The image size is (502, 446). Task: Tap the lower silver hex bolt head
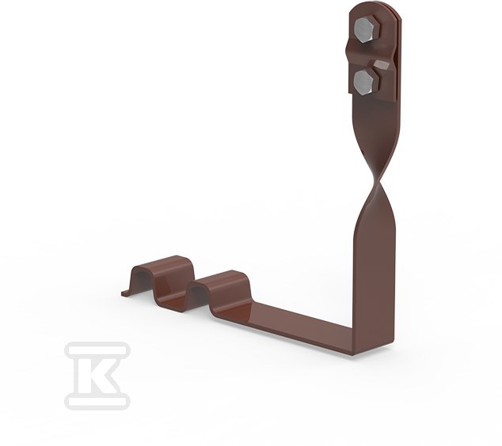(x=367, y=81)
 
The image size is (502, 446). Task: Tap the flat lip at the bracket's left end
(x=126, y=293)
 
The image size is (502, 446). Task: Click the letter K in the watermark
(x=97, y=376)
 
